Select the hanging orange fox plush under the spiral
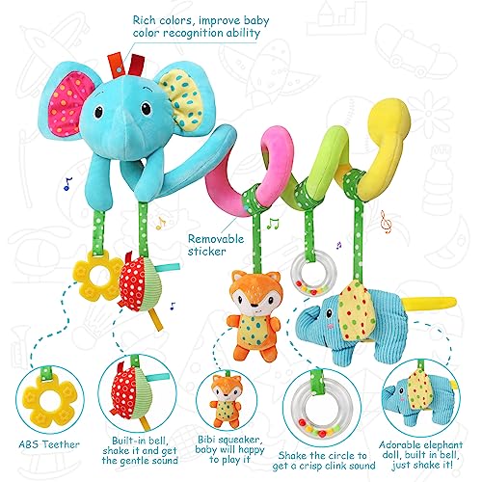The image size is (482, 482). coord(253,315)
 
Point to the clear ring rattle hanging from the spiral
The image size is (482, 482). coord(314,272)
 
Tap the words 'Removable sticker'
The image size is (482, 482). coord(216,245)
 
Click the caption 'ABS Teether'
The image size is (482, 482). coord(49,444)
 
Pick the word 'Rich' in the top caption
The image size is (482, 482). coord(145,20)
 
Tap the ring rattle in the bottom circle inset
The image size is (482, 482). coord(321,408)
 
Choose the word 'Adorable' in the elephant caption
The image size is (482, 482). coord(399,445)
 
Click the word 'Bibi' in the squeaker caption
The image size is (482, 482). coord(207,440)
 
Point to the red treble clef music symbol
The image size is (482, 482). coord(386,222)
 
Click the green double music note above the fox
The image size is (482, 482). coord(274,224)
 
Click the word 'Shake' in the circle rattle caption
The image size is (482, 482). coord(292,456)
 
